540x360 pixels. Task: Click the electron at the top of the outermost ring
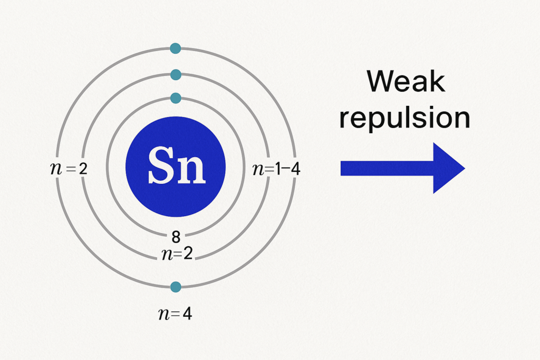[x=176, y=48]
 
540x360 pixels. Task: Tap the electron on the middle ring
[x=176, y=74]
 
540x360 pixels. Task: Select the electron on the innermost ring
[x=176, y=98]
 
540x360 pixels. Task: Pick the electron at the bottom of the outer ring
[x=176, y=287]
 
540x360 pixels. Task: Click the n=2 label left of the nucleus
[x=69, y=169]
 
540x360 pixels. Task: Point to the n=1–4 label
[x=276, y=169]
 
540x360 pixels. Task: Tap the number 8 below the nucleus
[x=176, y=237]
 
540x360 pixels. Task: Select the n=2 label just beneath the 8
[x=177, y=254]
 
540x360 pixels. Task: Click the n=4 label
[x=175, y=314]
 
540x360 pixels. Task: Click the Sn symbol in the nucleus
[x=177, y=165]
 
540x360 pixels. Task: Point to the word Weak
[x=406, y=81]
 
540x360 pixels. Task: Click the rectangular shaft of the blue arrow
[x=387, y=168]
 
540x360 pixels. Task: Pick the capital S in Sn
[x=161, y=165]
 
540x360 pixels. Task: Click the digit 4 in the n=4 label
[x=187, y=314]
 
